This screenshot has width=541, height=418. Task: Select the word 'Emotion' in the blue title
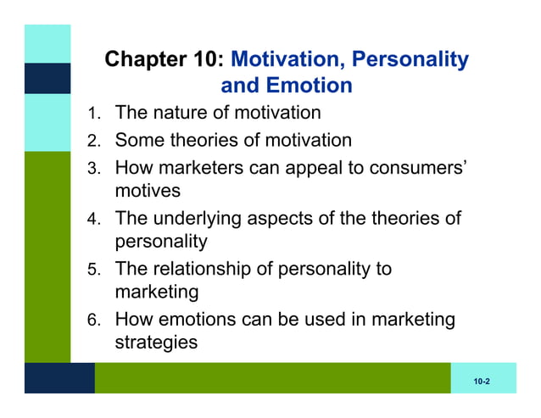[x=310, y=86]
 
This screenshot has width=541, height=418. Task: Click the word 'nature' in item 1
[x=185, y=113]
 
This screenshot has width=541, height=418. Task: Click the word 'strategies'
[x=156, y=343]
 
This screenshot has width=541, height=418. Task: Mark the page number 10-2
[x=482, y=383]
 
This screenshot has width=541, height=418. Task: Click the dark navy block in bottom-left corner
[x=59, y=378]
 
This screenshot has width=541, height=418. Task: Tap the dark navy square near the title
[x=47, y=78]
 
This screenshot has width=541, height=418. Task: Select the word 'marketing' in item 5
[x=157, y=293]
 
